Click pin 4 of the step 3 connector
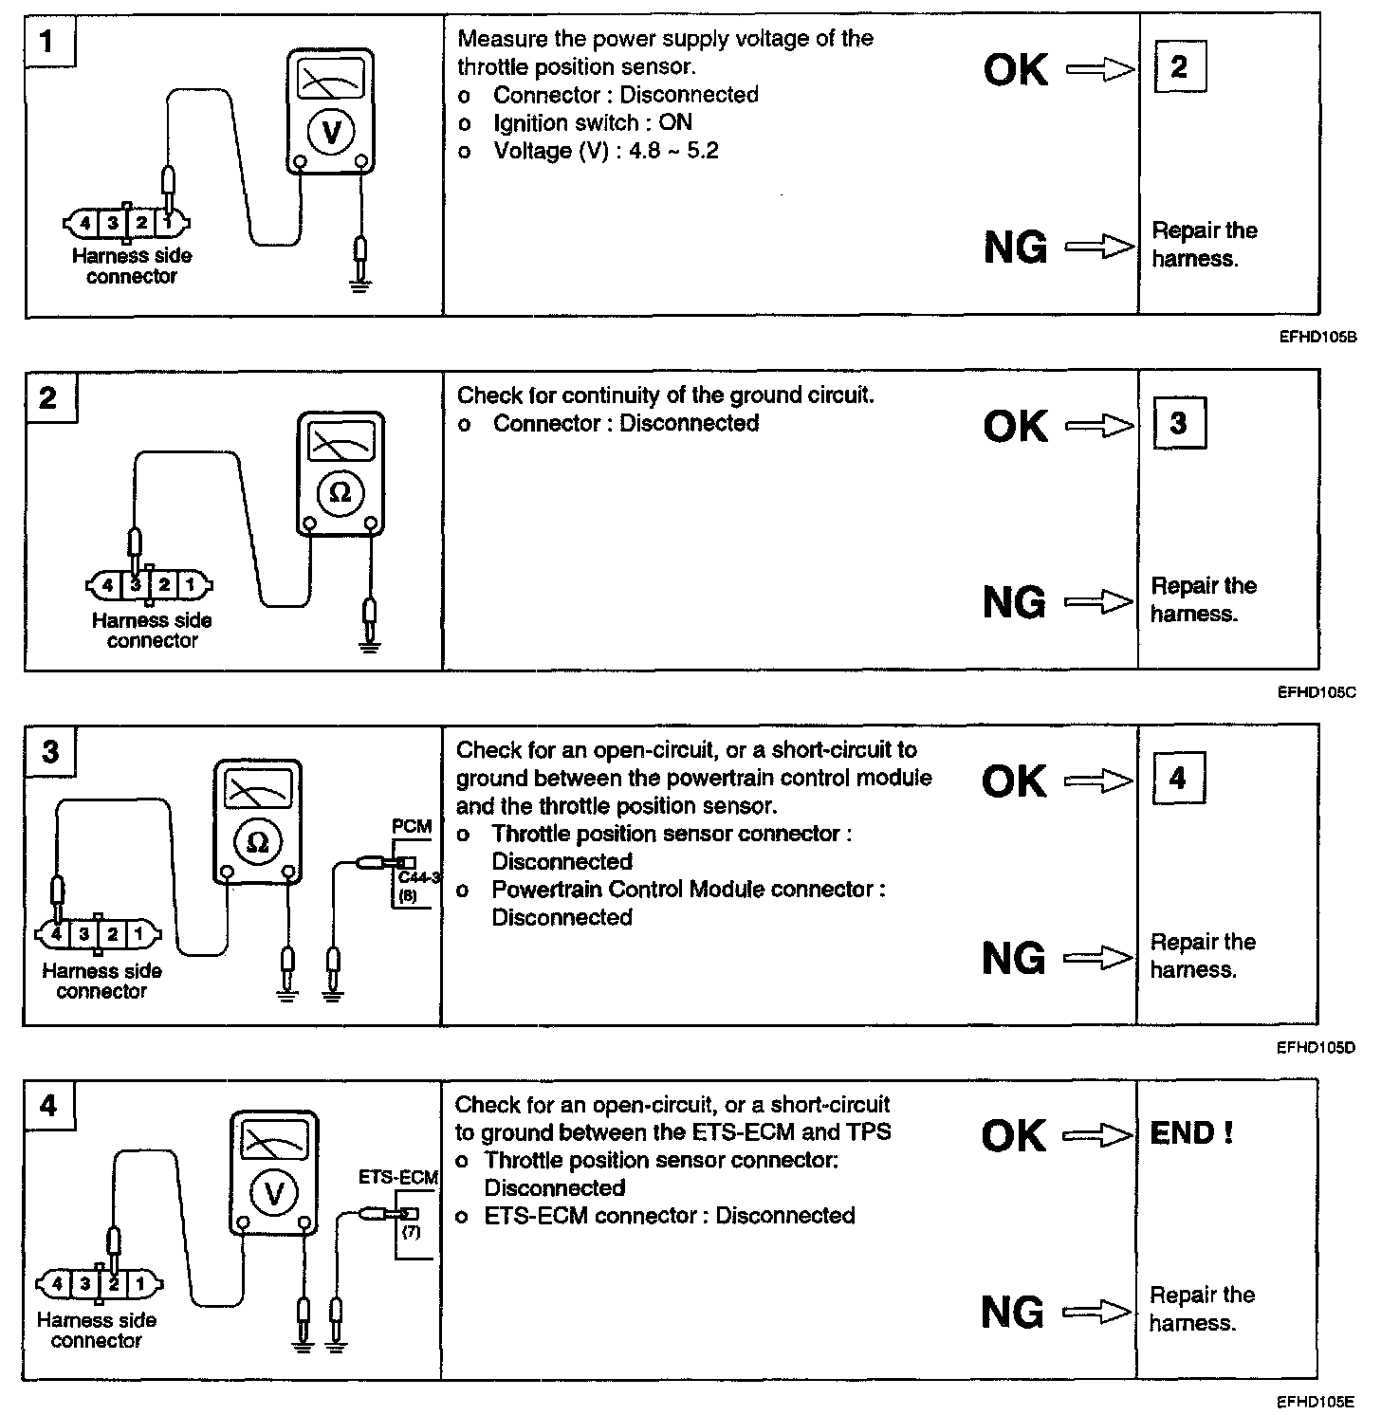57,934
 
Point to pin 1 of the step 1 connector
168,224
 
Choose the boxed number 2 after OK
1179,67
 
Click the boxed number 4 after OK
1177,780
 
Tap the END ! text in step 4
1190,1133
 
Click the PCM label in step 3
412,827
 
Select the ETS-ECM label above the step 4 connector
398,1178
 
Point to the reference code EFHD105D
1316,1048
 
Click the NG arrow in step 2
1099,602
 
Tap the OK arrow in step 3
1098,781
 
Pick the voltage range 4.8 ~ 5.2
673,151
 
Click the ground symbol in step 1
360,284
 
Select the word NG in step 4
1013,1313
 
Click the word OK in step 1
1016,70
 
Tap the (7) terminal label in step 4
411,1233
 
